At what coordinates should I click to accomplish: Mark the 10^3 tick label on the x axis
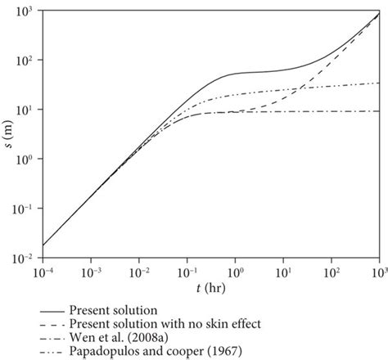coord(377,268)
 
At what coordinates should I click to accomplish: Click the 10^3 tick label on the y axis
coord(28,10)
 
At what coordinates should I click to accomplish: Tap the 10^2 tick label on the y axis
coord(28,60)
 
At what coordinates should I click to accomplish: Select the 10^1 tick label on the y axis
coord(28,110)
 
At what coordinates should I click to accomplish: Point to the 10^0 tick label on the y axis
coord(28,160)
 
